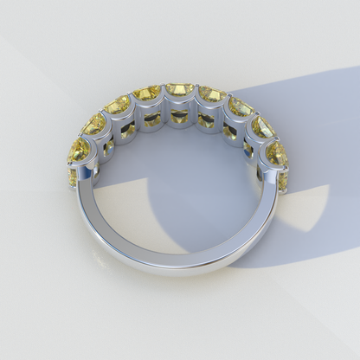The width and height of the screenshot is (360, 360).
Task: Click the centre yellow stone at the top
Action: [179, 90]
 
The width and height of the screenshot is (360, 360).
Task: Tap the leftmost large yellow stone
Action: [79, 149]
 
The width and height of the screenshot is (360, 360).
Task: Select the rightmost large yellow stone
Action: [277, 153]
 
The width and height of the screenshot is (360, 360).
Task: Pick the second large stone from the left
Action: [94, 124]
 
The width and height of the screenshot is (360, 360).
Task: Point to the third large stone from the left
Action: [118, 105]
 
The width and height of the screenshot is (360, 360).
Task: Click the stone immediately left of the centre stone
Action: [147, 93]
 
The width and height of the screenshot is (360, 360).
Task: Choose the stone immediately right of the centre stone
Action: [211, 93]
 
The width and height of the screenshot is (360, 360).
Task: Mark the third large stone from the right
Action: [240, 107]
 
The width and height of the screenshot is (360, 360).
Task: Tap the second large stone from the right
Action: [262, 127]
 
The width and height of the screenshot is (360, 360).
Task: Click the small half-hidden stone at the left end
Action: [73, 177]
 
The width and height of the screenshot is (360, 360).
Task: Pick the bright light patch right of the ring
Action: [307, 208]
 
